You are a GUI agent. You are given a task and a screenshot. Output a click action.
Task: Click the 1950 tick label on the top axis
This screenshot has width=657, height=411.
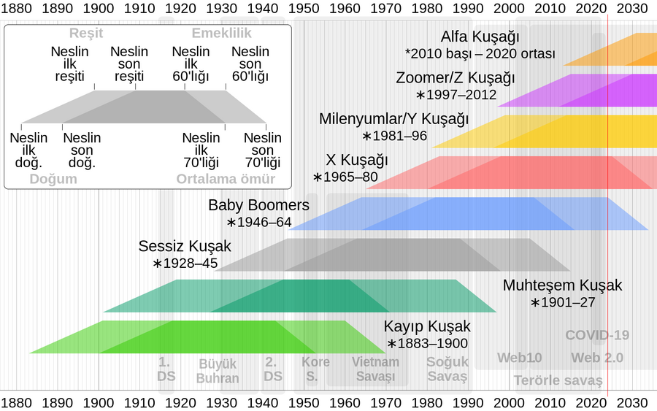click(305, 9)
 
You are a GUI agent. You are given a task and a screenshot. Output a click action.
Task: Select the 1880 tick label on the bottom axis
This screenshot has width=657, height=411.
click(18, 402)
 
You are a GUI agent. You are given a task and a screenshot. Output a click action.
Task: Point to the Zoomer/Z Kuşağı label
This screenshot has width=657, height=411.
click(456, 78)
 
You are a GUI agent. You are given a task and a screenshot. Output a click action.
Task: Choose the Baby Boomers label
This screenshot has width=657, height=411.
click(258, 205)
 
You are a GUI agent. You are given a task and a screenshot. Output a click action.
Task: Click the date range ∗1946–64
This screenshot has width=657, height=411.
click(259, 223)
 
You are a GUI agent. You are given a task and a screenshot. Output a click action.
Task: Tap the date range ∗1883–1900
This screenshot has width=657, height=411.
click(427, 343)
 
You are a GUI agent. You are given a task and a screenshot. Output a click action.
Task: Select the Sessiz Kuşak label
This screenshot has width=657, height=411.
click(185, 246)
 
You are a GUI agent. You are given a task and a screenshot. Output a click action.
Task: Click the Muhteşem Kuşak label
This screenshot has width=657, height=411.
click(562, 285)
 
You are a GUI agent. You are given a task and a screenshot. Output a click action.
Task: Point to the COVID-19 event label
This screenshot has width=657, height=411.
click(597, 336)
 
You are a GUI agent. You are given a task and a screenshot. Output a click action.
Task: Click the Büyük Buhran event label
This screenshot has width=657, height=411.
click(218, 370)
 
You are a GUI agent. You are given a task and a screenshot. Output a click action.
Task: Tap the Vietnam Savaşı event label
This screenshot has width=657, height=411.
click(375, 369)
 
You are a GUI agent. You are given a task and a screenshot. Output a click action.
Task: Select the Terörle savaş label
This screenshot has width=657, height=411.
click(558, 380)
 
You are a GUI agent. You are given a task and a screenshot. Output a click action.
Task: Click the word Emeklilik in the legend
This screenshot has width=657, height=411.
click(221, 33)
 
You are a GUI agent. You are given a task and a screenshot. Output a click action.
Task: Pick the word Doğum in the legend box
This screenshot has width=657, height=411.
click(53, 179)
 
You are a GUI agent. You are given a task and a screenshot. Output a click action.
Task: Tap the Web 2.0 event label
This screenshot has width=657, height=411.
click(597, 358)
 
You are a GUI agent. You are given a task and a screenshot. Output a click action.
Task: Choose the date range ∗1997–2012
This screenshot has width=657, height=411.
click(456, 95)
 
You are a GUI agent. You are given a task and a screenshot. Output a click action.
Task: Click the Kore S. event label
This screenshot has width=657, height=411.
click(316, 369)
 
